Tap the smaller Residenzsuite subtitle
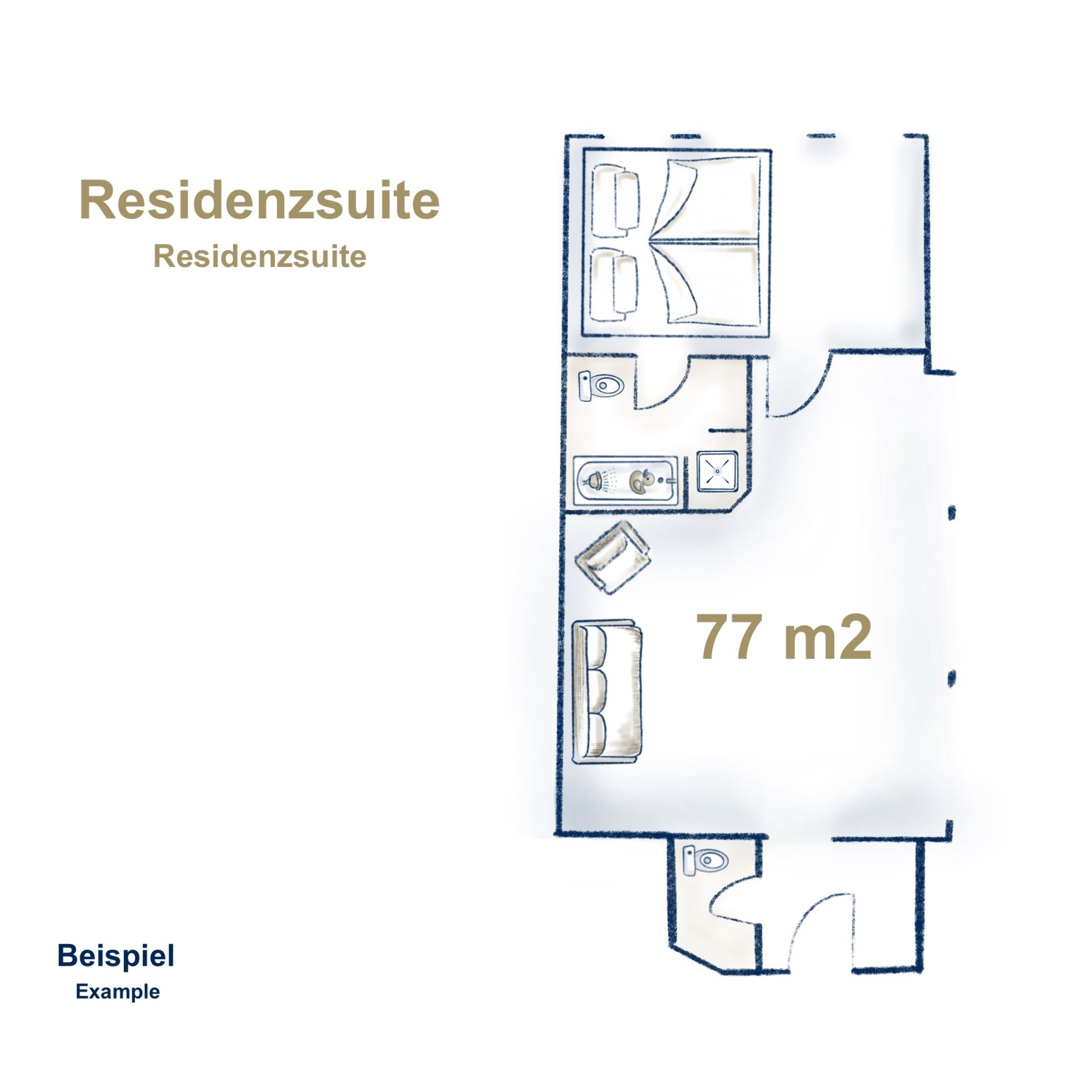260,257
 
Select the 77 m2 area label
785,638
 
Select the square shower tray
718,471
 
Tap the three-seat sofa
607,691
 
